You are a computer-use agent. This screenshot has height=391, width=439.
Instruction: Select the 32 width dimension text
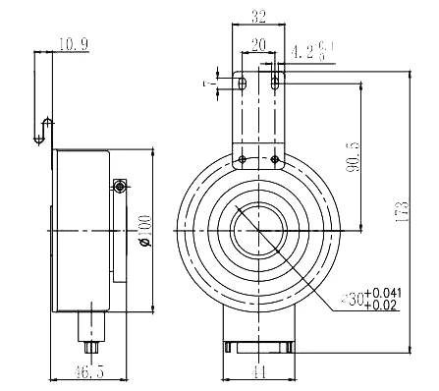(258, 16)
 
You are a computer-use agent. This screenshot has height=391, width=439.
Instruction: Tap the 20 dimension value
(258, 43)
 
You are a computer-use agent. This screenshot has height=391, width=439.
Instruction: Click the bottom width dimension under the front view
(258, 374)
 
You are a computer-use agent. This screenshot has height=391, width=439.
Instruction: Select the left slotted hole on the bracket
(242, 85)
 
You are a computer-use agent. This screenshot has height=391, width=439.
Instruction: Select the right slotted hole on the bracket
(275, 85)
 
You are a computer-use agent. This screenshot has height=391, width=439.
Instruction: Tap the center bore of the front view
(258, 233)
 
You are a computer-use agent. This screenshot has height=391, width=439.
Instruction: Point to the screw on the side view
(119, 187)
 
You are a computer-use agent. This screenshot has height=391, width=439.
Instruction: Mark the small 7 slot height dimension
(208, 85)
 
